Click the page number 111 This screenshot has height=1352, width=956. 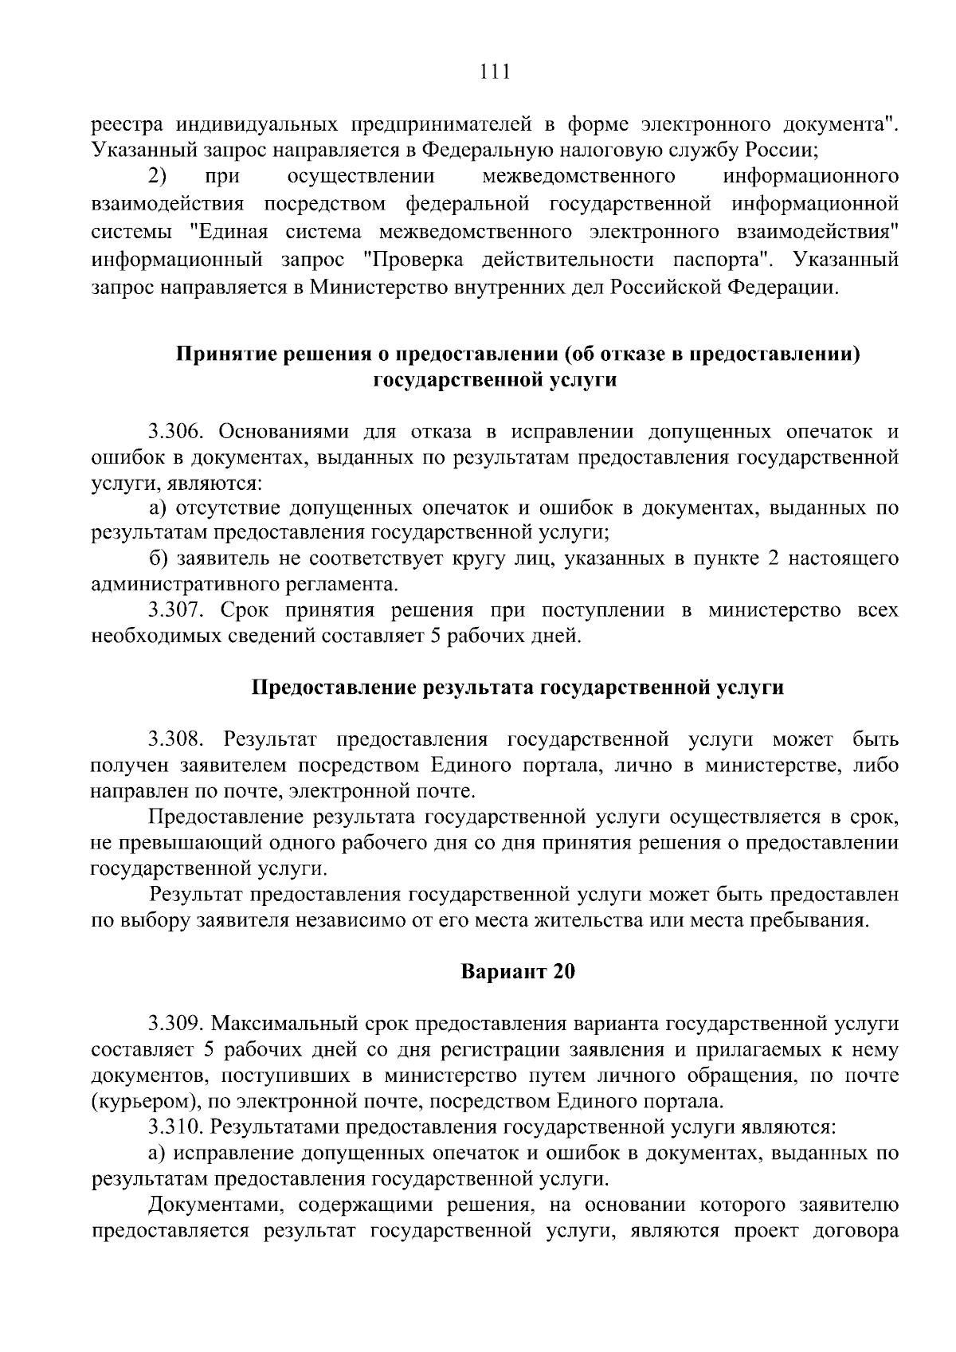tap(495, 73)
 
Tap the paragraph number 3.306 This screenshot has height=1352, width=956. tap(177, 432)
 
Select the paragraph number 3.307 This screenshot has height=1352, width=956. tap(177, 611)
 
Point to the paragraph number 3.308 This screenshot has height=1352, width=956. tap(177, 739)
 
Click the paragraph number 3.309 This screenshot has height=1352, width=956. tap(177, 1023)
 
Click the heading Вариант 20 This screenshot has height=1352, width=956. tap(518, 972)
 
